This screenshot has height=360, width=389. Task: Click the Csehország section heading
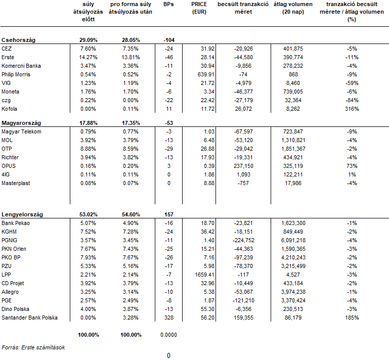(18, 40)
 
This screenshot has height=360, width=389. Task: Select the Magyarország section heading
(21, 123)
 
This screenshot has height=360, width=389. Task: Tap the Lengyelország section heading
(22, 214)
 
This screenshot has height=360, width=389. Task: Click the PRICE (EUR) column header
(199, 8)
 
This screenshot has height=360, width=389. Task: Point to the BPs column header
(168, 4)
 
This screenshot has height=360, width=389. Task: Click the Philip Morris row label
(16, 74)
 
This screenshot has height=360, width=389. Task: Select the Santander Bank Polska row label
(29, 318)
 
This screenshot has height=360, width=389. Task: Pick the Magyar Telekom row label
(21, 131)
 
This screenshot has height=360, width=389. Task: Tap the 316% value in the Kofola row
(352, 109)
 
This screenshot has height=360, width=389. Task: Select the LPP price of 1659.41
(205, 275)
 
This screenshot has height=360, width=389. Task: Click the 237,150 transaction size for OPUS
(243, 166)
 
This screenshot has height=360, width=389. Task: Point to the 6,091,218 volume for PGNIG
(293, 240)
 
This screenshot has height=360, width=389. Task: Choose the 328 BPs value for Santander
(169, 318)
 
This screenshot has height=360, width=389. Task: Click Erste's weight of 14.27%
(89, 57)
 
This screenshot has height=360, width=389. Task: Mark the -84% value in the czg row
(352, 100)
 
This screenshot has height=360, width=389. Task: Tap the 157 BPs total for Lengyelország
(169, 214)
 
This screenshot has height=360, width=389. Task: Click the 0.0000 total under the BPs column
(168, 335)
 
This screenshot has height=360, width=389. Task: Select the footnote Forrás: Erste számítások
(33, 347)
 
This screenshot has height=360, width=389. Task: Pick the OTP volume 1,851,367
(293, 149)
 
